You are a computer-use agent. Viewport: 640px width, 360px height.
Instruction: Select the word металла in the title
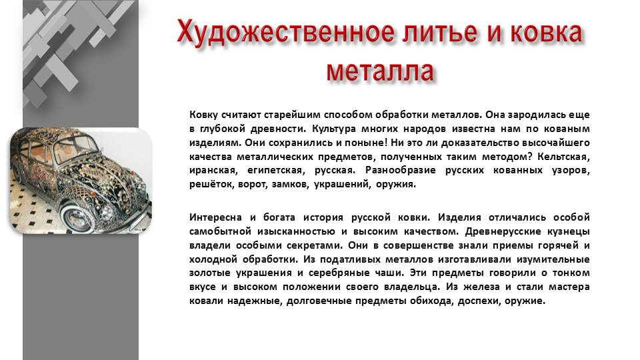pos(381,70)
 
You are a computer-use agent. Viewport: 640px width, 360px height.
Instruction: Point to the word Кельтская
pos(565,157)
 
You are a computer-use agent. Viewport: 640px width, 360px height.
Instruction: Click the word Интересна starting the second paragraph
pos(213,217)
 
